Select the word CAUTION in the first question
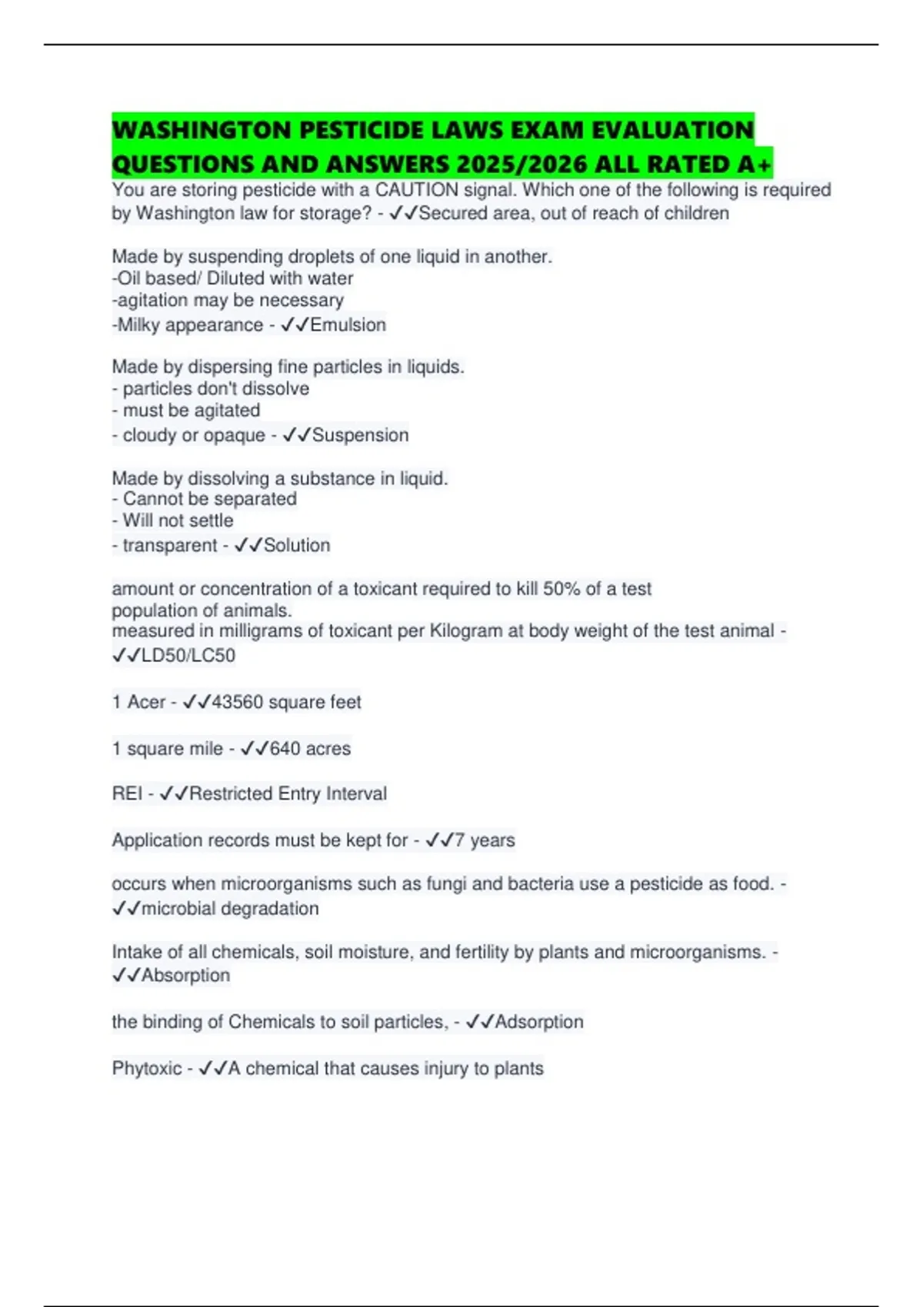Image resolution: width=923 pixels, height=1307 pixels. click(x=418, y=190)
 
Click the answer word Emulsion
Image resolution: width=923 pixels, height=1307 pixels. click(x=348, y=325)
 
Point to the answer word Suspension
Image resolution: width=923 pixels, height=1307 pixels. click(x=360, y=435)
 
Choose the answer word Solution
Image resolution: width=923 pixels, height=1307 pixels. click(x=297, y=545)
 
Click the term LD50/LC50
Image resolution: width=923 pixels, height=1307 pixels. click(x=188, y=656)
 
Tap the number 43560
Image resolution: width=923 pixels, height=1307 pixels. click(x=238, y=702)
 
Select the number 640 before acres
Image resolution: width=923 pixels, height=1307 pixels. click(x=285, y=748)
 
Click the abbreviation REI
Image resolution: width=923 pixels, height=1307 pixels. click(x=127, y=793)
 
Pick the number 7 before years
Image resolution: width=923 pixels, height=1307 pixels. click(x=459, y=840)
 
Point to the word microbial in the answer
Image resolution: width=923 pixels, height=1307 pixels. click(x=176, y=908)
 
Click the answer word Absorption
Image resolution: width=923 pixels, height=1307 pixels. click(x=185, y=975)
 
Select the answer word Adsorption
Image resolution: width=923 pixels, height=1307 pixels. click(x=539, y=1022)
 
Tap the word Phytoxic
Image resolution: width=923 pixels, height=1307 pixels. click(x=147, y=1068)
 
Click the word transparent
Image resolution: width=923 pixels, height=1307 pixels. click(x=170, y=545)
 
